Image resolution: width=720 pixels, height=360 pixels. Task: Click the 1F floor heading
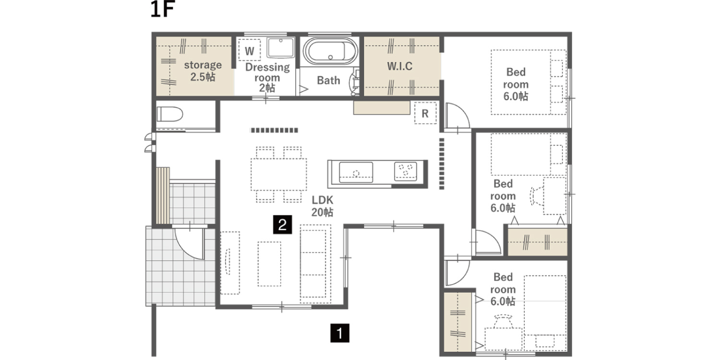162,10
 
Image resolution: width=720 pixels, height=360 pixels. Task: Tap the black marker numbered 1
340,333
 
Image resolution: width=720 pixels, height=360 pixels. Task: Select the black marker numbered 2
283,224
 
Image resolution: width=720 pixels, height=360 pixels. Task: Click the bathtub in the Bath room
330,51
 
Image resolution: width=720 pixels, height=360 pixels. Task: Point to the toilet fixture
170,114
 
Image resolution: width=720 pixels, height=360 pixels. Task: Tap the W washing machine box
250,50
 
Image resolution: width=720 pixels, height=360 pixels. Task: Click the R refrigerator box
425,113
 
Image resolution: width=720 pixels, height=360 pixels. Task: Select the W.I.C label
400,66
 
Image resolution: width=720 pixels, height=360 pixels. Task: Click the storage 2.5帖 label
203,71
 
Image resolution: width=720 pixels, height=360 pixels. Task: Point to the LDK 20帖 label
323,206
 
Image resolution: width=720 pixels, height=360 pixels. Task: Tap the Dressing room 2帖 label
267,77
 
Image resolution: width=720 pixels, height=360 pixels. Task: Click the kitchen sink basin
356,172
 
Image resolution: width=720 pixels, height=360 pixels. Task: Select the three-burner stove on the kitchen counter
406,171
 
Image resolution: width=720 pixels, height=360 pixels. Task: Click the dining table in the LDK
279,175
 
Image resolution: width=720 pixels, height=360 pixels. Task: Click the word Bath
328,80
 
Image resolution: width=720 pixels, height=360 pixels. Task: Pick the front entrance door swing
190,243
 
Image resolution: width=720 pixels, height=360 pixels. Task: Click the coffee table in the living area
269,264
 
